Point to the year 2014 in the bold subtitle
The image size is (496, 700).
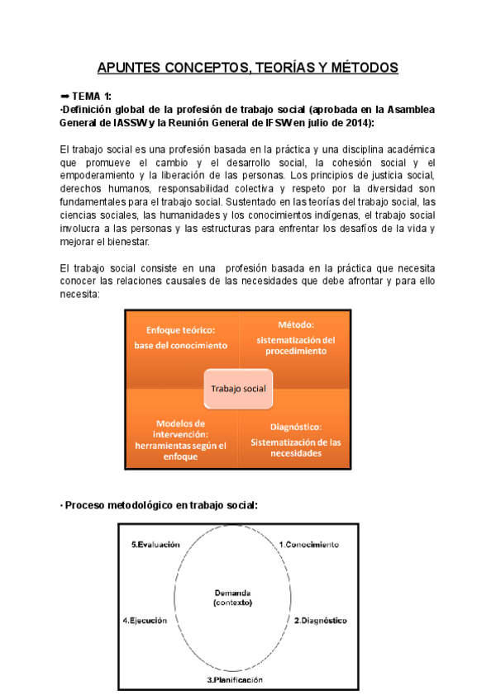pos(359,122)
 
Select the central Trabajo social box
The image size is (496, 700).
pos(238,388)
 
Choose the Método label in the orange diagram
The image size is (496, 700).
pos(295,324)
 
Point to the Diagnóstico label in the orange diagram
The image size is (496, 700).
pos(295,427)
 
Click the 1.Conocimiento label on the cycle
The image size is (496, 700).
pos(308,545)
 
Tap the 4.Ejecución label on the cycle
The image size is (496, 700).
pos(145,620)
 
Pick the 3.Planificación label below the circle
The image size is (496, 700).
pos(235,680)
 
